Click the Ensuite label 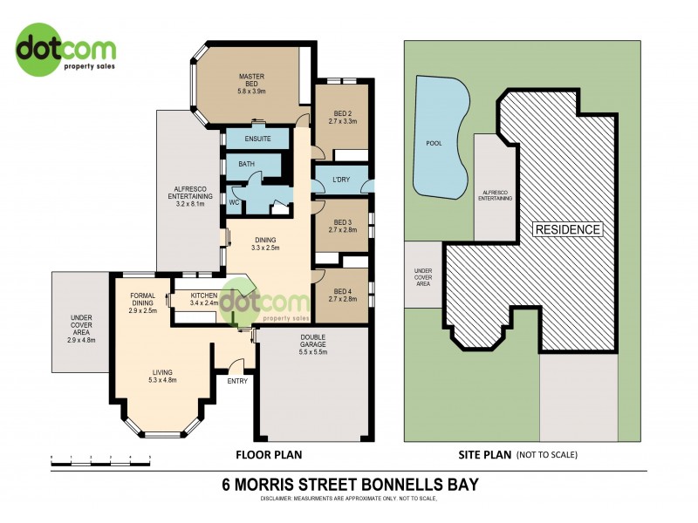point(257,139)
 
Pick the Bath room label point(246,164)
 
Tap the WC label point(234,202)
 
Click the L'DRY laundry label point(342,182)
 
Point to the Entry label point(237,381)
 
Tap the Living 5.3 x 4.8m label point(163,376)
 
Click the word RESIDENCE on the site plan point(568,229)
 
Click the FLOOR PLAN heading point(270,454)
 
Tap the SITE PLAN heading point(483,454)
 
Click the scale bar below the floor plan point(100,463)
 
